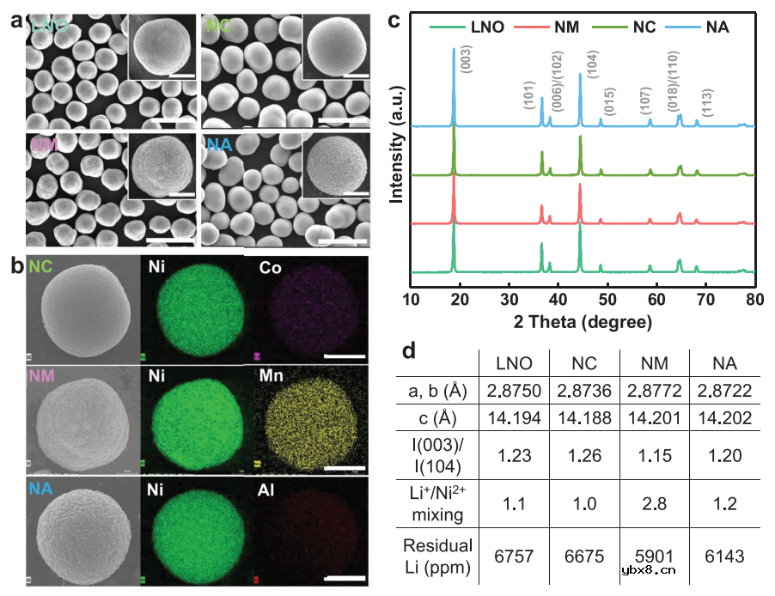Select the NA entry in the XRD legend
pyautogui.click(x=716, y=27)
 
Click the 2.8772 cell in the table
pyautogui.click(x=652, y=392)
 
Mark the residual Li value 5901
pyautogui.click(x=652, y=556)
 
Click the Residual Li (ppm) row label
pyautogui.click(x=439, y=556)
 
